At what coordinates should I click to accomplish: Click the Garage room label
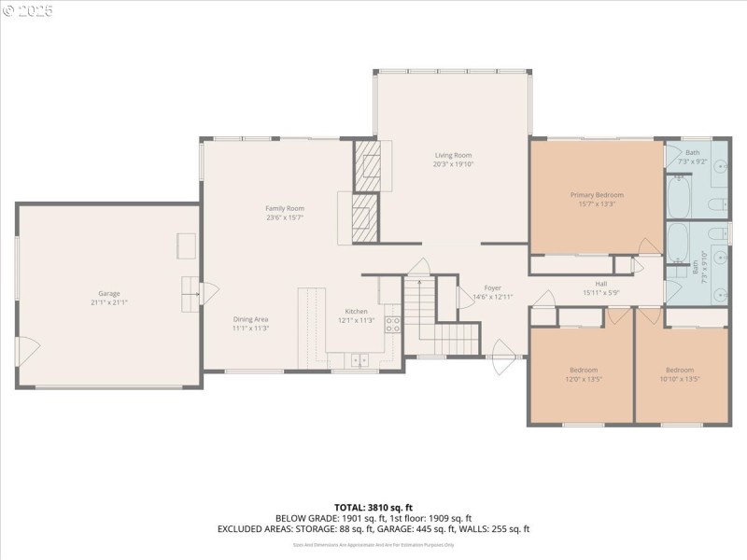109,293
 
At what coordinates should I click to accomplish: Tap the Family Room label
285,208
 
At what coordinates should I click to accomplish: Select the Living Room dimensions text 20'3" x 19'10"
453,164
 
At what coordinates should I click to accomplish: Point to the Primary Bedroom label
597,194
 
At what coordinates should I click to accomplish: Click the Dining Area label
251,319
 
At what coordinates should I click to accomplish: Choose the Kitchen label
356,311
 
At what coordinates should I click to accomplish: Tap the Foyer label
492,287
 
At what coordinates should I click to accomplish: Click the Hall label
601,284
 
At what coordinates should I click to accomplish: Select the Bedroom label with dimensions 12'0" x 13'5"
584,370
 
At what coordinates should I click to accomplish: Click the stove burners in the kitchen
394,325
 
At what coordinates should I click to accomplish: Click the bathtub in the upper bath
678,194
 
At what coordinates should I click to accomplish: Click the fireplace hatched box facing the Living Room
368,165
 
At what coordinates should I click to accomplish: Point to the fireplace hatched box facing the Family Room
364,217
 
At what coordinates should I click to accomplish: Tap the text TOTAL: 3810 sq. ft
373,508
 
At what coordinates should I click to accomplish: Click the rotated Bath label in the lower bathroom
695,271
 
